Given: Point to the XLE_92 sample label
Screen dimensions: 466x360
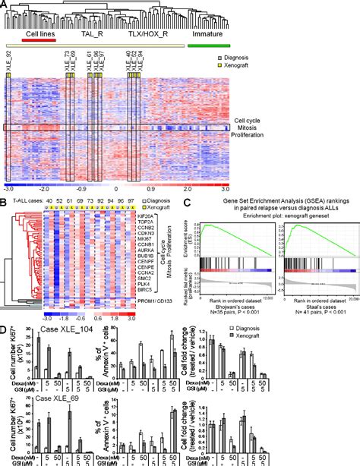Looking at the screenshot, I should [x=8, y=62].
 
